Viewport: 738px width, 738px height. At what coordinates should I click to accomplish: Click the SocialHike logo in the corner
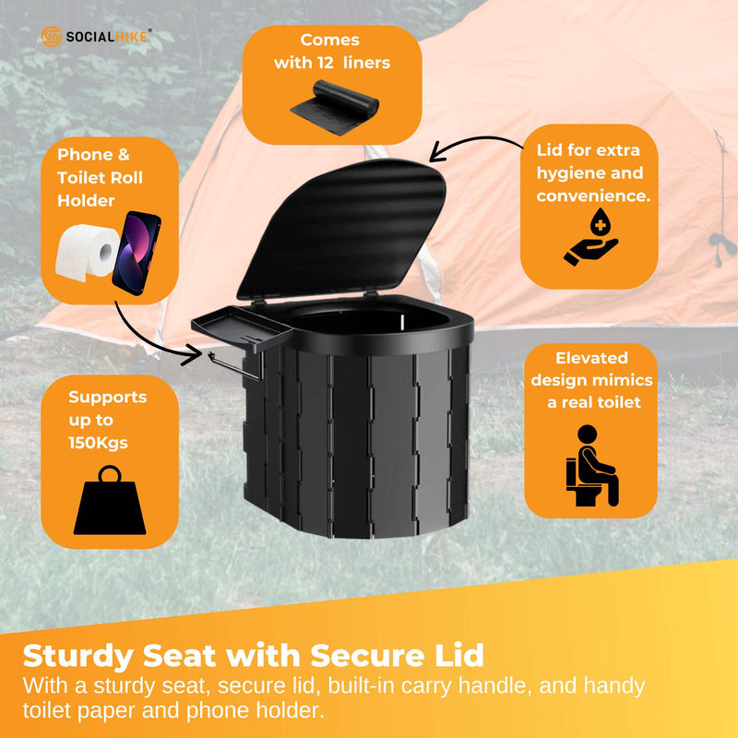[97, 36]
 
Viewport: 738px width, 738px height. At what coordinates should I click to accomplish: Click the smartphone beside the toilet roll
[137, 252]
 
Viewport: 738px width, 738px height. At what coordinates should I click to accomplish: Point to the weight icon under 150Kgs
[110, 503]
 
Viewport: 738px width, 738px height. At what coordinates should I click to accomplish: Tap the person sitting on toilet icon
[590, 465]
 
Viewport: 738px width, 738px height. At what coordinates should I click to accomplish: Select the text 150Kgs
[99, 442]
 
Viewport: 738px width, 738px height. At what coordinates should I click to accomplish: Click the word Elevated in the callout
[591, 358]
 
